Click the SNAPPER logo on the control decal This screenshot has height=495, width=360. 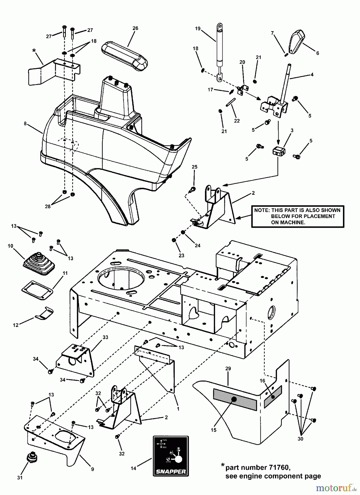coord(171,471)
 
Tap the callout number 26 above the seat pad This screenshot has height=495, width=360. coord(135,28)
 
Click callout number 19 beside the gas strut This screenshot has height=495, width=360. coord(198,29)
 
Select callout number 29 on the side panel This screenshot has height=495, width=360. coord(228,368)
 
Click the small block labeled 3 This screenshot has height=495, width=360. coord(279,151)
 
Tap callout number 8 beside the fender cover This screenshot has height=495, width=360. coord(25,123)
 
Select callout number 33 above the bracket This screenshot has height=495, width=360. coord(105,337)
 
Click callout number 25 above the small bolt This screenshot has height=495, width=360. coord(195,167)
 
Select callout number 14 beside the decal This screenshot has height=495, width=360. coord(133,468)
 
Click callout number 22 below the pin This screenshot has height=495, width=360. coord(237,121)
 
